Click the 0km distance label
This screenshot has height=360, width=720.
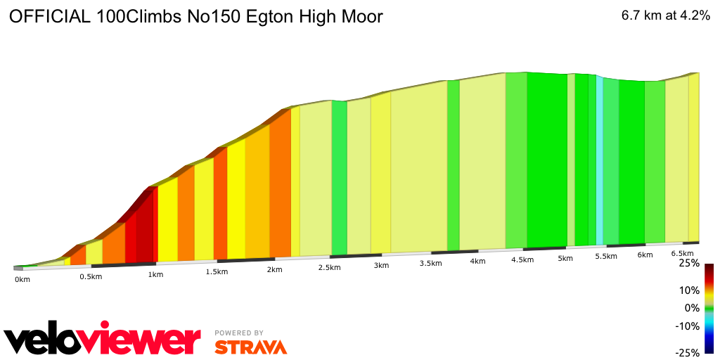22,280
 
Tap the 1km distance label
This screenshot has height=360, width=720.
155,274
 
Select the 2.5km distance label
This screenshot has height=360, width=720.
330,268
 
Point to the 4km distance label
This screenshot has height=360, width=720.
477,262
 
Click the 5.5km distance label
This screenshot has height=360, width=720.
605,257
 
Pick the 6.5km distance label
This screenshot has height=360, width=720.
682,253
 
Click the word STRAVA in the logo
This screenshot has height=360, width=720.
250,347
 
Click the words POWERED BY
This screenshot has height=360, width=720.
239,333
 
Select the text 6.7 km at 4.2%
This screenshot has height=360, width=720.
665,16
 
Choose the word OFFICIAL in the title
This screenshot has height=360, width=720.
49,17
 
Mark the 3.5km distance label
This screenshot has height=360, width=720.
430,263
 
